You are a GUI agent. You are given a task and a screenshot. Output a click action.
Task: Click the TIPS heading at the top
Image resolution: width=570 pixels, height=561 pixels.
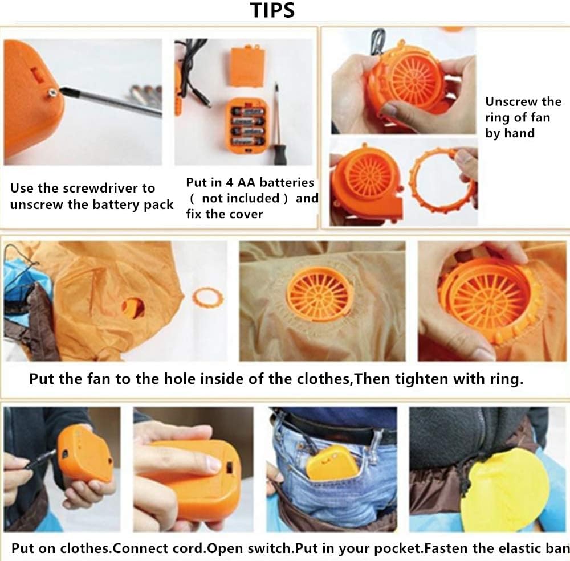[272, 10]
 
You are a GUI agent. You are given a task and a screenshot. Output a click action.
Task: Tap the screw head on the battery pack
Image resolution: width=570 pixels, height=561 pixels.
[52, 93]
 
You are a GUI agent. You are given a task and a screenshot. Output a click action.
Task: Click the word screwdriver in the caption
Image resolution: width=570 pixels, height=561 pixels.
[102, 188]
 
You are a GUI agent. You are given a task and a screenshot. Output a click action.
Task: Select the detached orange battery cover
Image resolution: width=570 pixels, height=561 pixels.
[247, 67]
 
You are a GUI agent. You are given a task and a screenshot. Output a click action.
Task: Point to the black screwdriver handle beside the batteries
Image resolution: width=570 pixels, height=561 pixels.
[280, 154]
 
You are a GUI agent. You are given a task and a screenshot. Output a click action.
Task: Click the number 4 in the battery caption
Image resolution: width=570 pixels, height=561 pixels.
[229, 182]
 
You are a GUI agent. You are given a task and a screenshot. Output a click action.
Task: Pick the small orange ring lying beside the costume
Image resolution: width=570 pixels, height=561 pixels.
[207, 297]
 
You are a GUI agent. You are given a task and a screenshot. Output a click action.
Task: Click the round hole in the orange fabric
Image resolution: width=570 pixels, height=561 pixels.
[133, 308]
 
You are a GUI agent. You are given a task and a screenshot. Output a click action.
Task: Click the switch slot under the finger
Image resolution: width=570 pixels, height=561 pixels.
[229, 468]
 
